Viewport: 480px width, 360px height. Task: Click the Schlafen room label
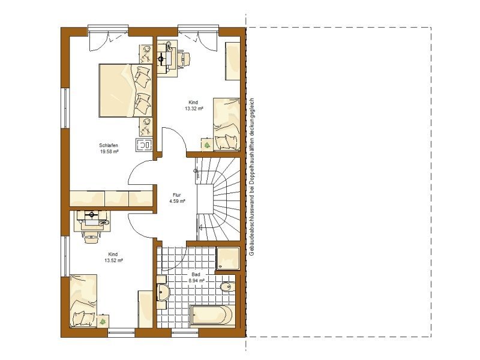coord(109,145)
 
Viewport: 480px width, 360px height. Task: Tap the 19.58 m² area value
coord(109,152)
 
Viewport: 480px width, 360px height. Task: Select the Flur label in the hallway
coord(177,195)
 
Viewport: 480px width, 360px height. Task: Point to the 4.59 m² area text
coord(177,201)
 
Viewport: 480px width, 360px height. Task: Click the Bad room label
coord(196,274)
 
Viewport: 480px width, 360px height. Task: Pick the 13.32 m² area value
coord(194,109)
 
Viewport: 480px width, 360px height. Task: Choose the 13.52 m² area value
coord(113,260)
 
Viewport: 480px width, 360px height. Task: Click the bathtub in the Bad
coord(213,315)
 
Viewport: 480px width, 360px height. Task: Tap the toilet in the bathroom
coord(227,286)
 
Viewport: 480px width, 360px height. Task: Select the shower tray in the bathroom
coord(228,259)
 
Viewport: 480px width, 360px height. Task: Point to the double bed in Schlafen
coord(125,91)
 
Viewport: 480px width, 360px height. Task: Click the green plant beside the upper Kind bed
coord(207,145)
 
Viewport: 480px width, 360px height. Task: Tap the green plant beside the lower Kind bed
coord(103,321)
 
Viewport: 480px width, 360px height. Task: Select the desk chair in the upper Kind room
coord(185,58)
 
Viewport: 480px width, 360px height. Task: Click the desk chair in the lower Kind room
coord(92,236)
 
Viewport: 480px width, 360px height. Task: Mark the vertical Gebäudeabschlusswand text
coord(252,177)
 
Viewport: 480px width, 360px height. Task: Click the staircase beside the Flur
coord(218,199)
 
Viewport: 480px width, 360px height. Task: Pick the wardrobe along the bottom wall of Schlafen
coord(111,199)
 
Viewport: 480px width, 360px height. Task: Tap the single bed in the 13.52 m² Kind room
coord(83,301)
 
